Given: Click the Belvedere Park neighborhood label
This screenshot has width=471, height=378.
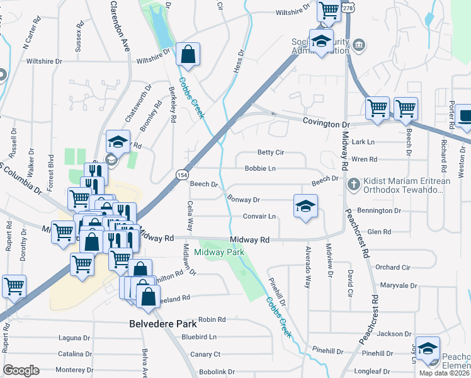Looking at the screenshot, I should click(162, 324).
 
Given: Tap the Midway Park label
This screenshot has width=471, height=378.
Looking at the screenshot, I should click(218, 252).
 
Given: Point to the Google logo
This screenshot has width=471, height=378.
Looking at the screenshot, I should click(21, 370).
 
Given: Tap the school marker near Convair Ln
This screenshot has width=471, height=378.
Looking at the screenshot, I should click(305, 207).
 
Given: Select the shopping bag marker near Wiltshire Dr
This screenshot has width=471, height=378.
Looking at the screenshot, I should click(188, 54).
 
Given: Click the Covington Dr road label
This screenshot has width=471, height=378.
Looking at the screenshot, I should click(326, 123).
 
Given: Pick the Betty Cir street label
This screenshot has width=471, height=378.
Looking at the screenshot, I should click(271, 152).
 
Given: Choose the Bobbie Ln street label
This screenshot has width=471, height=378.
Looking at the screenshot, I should click(260, 169).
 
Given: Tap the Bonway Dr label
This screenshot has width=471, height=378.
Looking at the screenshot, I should click(243, 200).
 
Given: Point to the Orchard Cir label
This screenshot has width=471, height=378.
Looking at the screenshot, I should click(392, 267).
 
